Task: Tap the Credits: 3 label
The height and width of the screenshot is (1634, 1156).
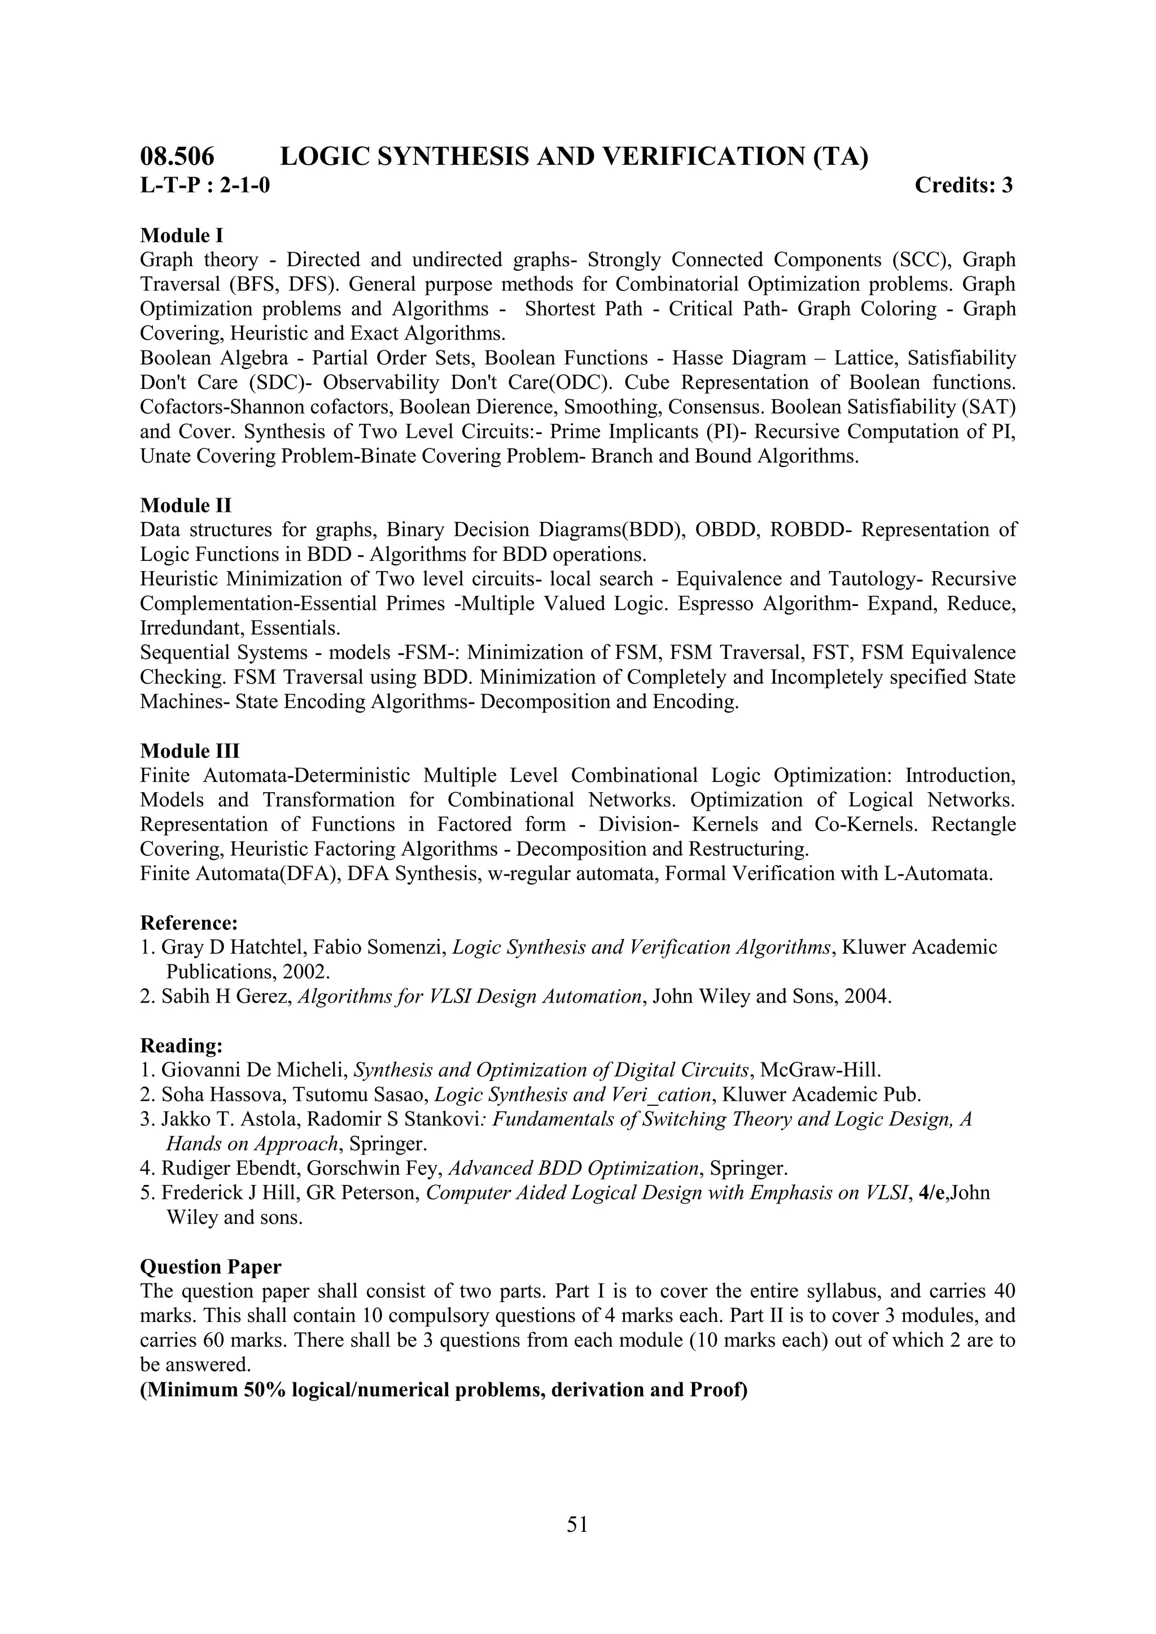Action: click(x=963, y=185)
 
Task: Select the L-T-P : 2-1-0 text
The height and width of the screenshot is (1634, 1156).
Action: click(x=205, y=186)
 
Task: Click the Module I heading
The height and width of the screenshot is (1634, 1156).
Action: click(x=182, y=235)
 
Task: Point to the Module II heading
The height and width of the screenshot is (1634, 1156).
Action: click(x=186, y=506)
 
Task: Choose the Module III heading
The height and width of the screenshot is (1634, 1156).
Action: click(x=190, y=751)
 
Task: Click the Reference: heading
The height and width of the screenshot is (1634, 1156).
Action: click(x=189, y=923)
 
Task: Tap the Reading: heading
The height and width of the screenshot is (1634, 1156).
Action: click(x=182, y=1046)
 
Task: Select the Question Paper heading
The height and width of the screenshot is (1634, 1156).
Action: click(x=211, y=1267)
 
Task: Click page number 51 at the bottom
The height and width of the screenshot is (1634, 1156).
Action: click(x=577, y=1523)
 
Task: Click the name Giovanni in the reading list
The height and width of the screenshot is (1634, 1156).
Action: click(x=194, y=1070)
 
